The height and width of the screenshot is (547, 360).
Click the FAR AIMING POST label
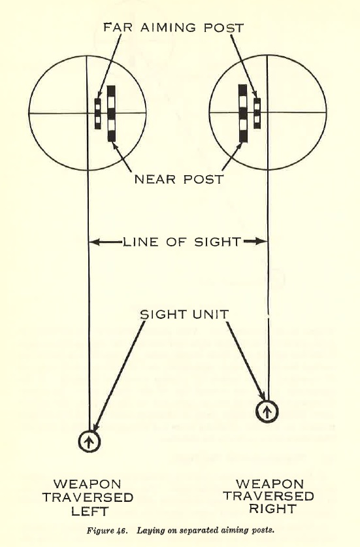tap(173, 27)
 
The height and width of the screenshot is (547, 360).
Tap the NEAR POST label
tap(179, 179)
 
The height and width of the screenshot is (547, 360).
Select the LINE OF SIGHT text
tap(182, 242)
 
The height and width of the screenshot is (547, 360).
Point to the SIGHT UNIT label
tap(184, 314)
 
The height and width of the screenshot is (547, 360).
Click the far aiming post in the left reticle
tap(97, 114)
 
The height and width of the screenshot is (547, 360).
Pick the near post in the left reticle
tap(111, 113)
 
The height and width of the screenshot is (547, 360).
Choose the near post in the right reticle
tap(243, 113)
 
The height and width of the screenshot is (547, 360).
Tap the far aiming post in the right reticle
tap(257, 113)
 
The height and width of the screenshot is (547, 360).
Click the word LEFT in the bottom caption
tap(90, 512)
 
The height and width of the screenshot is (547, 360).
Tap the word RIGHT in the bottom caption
tap(272, 508)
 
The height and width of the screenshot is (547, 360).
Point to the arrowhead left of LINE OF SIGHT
tap(95, 242)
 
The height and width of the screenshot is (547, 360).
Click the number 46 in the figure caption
tap(120, 531)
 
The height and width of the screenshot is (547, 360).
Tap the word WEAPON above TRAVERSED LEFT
tap(87, 484)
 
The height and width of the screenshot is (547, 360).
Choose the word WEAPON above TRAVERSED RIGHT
tap(270, 484)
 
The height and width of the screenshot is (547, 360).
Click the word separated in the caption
tap(196, 531)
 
